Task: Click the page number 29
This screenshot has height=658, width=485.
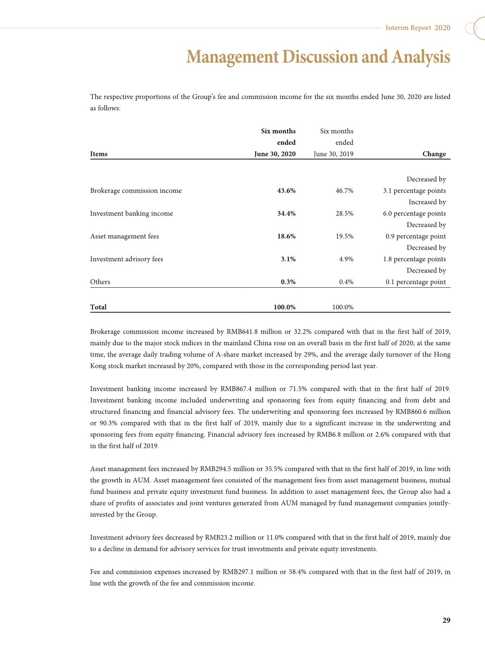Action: coord(446,621)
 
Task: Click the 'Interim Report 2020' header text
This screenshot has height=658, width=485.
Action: coord(418,28)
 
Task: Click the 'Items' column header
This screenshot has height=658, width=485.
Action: coord(99,154)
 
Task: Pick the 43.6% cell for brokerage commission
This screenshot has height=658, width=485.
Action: coord(286,191)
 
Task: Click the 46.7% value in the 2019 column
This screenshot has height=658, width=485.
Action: coord(344,191)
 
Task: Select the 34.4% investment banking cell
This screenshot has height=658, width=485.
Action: coord(286,213)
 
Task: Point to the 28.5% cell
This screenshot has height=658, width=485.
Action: coord(344,213)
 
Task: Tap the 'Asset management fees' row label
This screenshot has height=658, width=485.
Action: coord(124,236)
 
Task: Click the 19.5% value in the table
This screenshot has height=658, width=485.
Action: coord(344,236)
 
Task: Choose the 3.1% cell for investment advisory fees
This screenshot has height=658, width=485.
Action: coord(288,259)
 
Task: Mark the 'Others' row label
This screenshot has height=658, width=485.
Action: coord(100,282)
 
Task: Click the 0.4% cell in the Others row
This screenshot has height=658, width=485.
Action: coord(346,282)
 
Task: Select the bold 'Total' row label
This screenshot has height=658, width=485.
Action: coord(98,307)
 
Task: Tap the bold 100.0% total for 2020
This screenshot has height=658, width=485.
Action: coord(284,307)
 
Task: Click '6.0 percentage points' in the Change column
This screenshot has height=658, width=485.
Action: coord(414,213)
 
